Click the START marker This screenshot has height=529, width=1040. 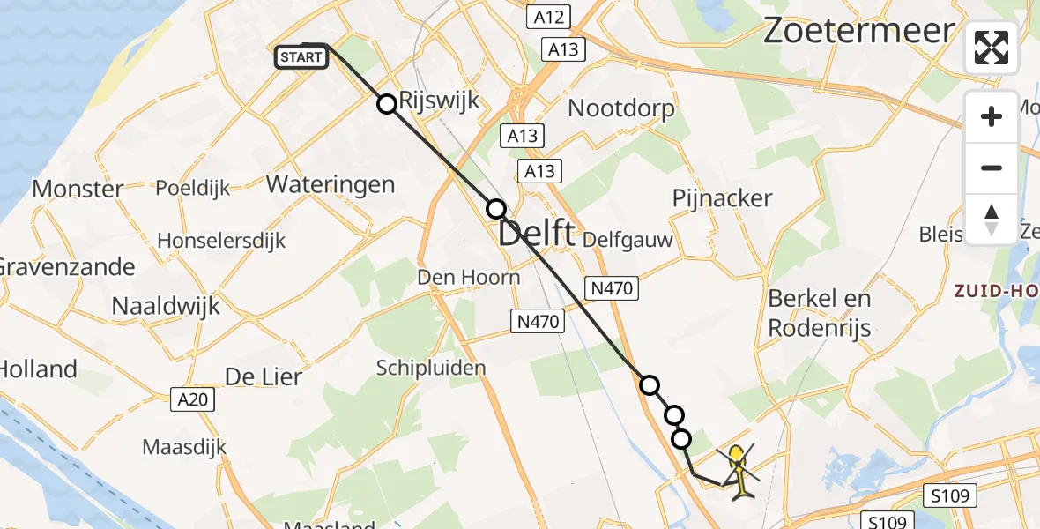301,58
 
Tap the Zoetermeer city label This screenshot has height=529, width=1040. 858,31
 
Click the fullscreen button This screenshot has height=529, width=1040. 992,48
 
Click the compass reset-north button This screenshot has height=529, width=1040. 992,220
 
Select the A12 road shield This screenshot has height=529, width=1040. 547,17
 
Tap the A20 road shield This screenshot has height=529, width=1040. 193,399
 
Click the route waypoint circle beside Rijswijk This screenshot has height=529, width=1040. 387,104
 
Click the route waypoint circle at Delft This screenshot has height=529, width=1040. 496,209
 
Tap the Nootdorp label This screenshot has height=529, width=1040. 621,108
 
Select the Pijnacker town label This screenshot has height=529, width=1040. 722,197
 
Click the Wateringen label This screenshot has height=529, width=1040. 330,184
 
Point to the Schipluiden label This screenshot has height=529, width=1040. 431,368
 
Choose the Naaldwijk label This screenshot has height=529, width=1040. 166,306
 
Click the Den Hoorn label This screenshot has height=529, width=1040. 468,278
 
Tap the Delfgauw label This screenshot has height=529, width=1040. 628,239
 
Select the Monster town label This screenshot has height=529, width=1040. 78,189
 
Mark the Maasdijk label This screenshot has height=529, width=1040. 184,447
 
